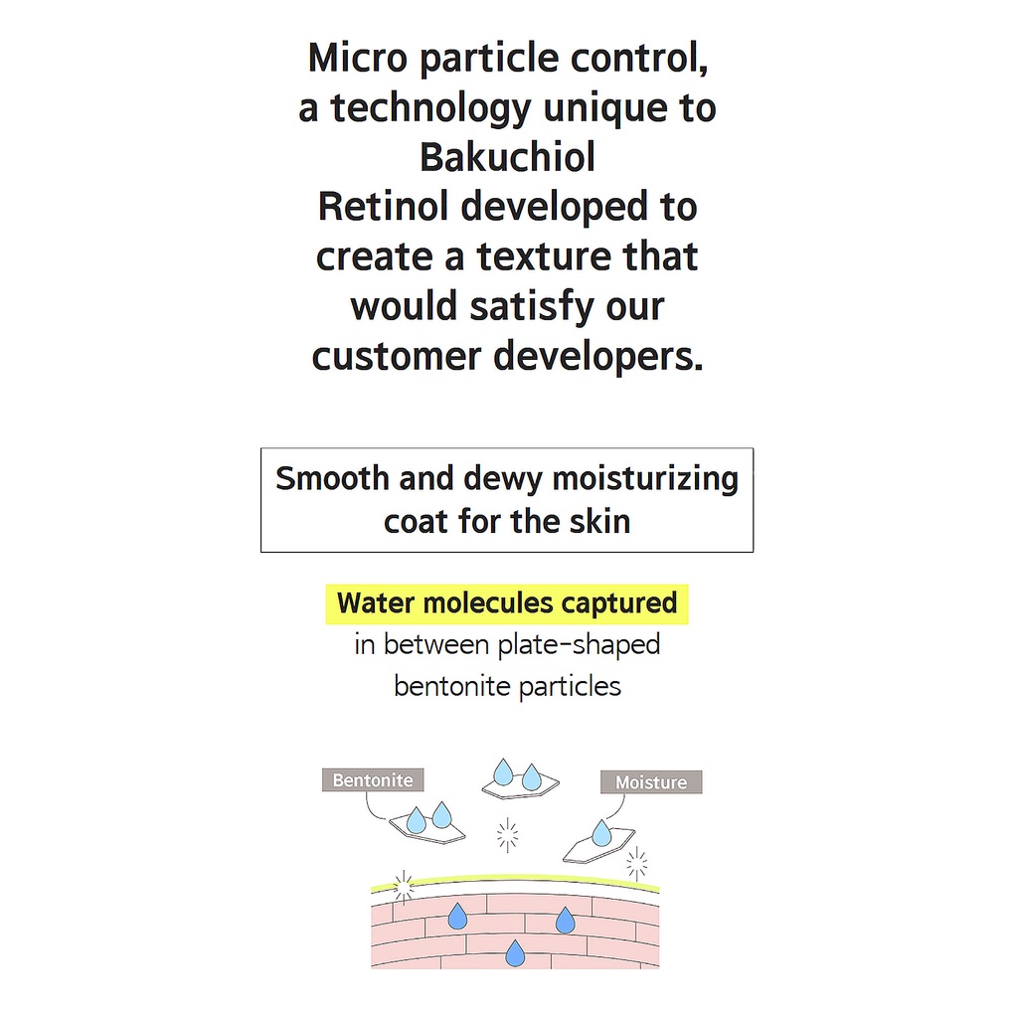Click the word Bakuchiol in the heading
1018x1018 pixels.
(507, 157)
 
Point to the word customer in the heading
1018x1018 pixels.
(397, 356)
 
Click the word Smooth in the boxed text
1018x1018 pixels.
(332, 478)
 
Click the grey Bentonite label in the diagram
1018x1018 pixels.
(373, 780)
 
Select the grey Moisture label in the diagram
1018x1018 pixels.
(651, 782)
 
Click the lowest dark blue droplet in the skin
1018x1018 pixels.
(515, 954)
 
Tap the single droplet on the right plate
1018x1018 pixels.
(601, 833)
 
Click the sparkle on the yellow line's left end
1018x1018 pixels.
(403, 884)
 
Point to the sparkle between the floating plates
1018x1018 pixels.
(508, 835)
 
